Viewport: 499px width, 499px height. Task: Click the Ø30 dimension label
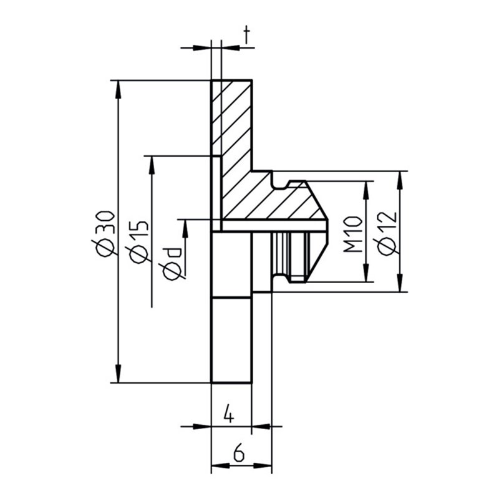click(105, 232)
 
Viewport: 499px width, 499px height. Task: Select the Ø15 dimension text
click(139, 241)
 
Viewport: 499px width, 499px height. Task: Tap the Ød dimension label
click(172, 262)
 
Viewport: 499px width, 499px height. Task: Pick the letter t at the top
click(247, 37)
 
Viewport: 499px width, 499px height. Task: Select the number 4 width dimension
click(229, 414)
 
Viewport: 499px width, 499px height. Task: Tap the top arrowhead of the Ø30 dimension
click(119, 88)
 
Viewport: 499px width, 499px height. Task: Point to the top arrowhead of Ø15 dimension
click(152, 163)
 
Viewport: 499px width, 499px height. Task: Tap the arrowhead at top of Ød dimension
click(185, 227)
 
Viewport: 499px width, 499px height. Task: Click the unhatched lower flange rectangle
click(231, 340)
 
